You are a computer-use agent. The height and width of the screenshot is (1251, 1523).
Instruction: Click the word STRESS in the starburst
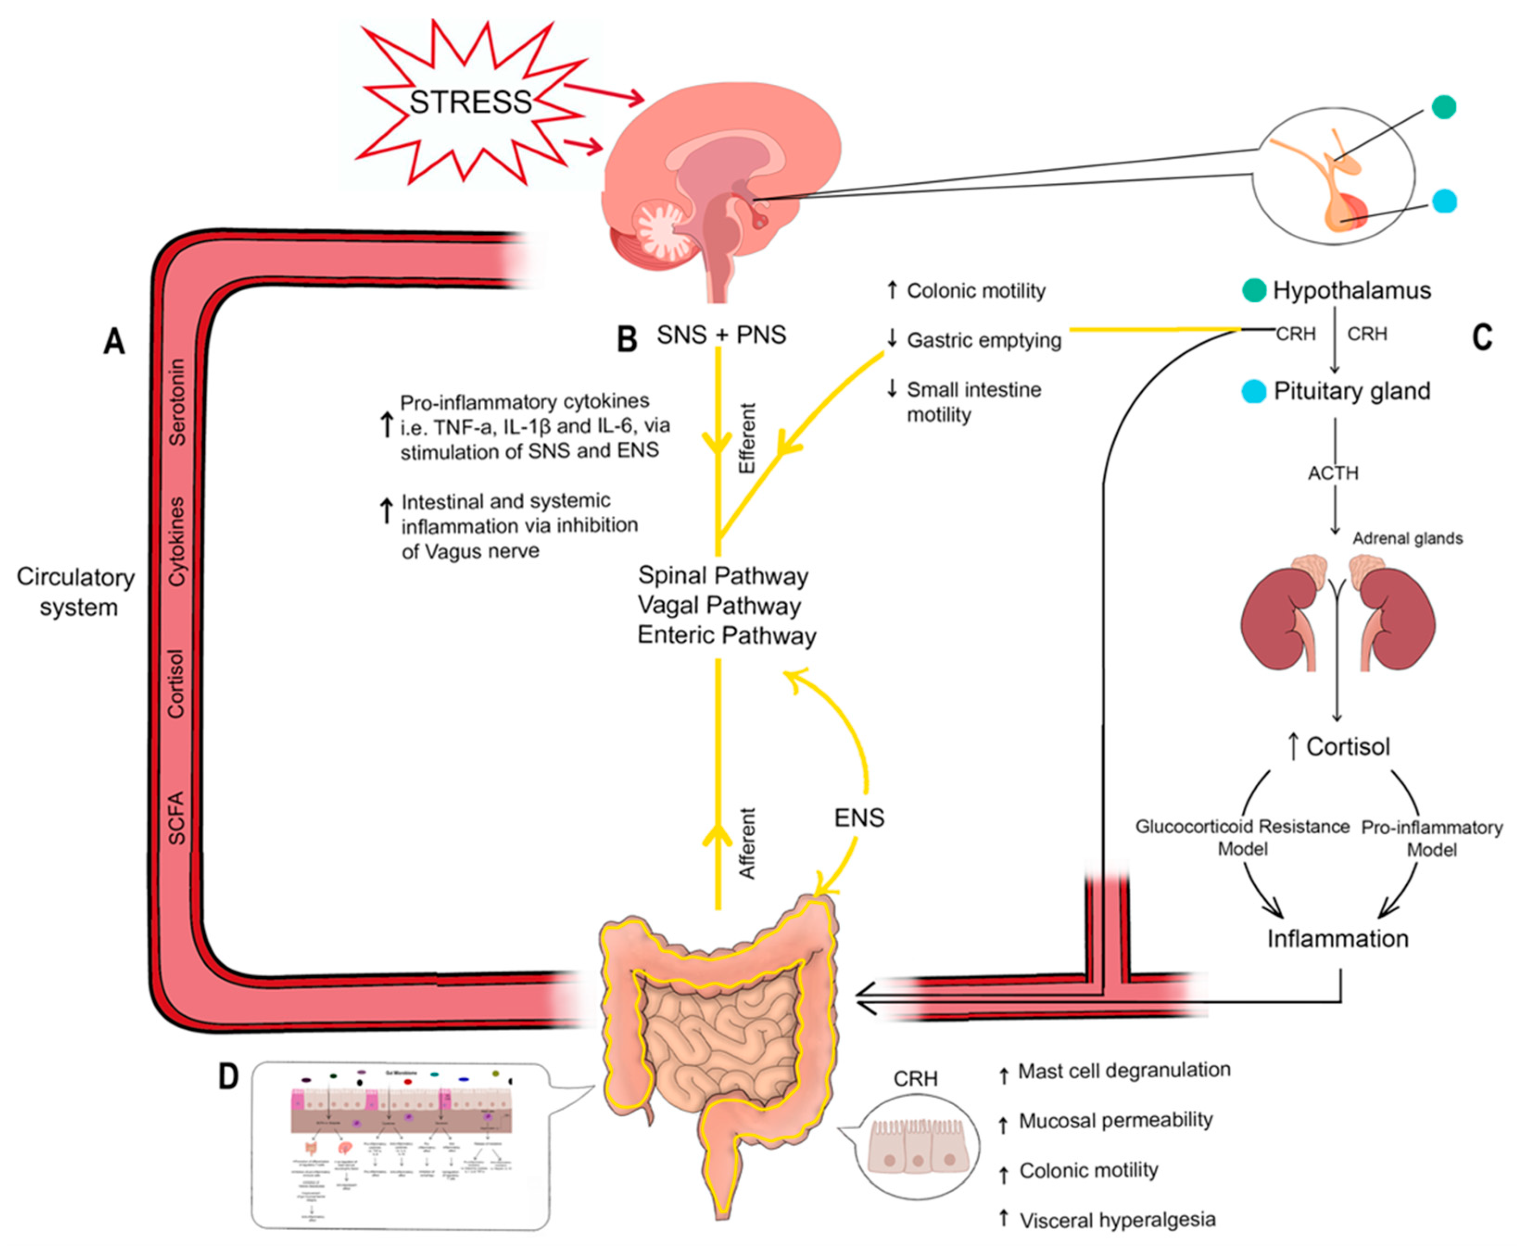470,102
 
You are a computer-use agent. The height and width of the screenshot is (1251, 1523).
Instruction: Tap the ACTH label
1333,474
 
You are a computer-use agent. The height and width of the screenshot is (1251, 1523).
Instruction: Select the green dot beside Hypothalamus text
1254,290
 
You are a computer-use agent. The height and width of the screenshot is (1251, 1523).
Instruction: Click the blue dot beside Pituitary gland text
1254,391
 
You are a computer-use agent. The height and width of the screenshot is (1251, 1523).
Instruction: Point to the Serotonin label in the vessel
176,401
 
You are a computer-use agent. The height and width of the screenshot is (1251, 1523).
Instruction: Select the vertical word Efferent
747,438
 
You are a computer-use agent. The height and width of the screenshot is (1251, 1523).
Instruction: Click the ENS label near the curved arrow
858,818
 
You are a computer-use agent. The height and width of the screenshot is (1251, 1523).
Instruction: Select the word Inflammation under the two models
1337,939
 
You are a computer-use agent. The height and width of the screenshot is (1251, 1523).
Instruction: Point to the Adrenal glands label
1407,538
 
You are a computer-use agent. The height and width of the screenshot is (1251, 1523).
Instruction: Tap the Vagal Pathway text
718,605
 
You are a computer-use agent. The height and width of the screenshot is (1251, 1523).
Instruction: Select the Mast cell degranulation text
1123,1071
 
